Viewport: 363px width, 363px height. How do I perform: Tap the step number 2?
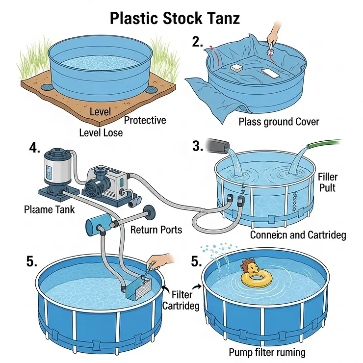(198, 42)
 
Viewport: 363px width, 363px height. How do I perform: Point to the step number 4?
(35, 148)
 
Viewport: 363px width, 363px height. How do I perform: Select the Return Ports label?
(156, 229)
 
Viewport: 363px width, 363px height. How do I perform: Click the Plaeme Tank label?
(50, 209)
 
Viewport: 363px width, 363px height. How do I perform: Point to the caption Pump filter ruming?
(267, 352)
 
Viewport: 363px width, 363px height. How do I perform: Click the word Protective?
(145, 121)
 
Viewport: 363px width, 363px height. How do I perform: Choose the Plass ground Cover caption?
(279, 122)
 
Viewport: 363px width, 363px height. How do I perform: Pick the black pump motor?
(98, 185)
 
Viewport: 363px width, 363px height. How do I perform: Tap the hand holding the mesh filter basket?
(158, 260)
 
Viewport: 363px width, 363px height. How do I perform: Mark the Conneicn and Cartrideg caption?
(298, 235)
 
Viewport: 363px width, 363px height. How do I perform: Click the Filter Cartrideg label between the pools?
(185, 300)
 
